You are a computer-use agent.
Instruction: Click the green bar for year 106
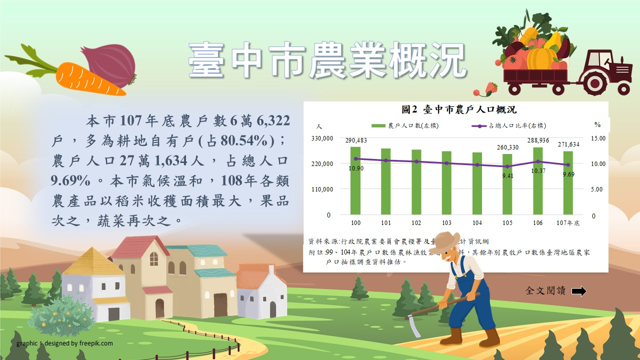point(537,180)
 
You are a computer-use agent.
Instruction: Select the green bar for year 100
point(355,180)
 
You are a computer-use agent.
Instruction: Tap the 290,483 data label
point(356,140)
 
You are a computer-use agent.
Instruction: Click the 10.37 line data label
point(538,170)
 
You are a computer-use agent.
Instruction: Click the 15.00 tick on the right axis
point(598,138)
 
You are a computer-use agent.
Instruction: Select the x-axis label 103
point(446,223)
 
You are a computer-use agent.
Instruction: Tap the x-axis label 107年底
point(568,223)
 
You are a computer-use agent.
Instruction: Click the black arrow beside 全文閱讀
point(578,291)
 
